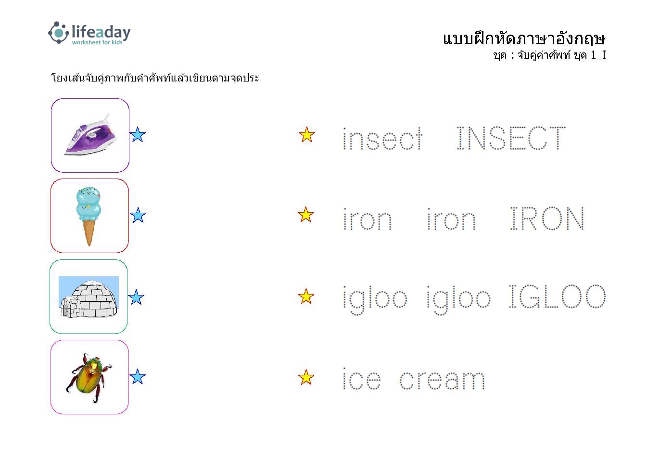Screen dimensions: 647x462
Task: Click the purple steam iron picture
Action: click(90, 135)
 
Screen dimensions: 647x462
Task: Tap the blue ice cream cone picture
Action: click(89, 217)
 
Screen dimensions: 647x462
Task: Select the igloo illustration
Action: click(89, 297)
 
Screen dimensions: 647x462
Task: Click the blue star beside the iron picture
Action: click(138, 135)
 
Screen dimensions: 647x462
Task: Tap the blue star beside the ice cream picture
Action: click(138, 215)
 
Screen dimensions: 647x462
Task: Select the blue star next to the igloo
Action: click(136, 297)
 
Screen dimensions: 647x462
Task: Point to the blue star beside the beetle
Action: click(138, 376)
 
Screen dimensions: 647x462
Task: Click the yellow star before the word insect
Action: click(306, 135)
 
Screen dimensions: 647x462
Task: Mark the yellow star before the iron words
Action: click(305, 215)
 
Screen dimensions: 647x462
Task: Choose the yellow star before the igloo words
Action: click(306, 296)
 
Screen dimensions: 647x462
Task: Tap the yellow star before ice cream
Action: click(306, 377)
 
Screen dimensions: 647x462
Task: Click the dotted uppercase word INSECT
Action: click(511, 138)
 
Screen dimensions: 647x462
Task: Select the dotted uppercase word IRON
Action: click(547, 218)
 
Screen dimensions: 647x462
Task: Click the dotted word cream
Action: click(442, 380)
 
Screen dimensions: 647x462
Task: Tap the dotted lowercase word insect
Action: click(382, 139)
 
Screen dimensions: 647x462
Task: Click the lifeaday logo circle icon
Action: click(59, 33)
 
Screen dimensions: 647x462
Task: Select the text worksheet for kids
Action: click(97, 42)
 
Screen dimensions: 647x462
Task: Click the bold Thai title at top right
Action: click(524, 39)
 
